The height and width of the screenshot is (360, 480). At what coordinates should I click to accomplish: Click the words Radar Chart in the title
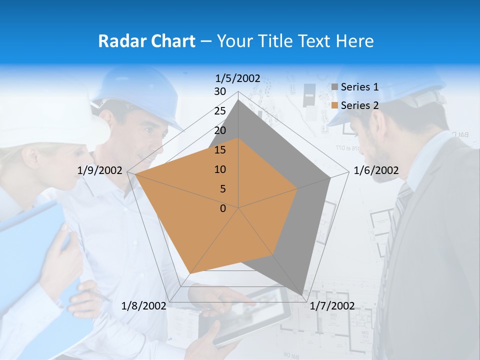click(146, 41)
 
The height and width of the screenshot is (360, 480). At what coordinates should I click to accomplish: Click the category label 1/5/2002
click(238, 78)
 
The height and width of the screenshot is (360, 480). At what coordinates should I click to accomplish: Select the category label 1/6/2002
click(376, 170)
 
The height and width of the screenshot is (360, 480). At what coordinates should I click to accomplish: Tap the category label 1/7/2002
click(332, 305)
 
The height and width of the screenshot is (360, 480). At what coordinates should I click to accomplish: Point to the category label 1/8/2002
click(144, 305)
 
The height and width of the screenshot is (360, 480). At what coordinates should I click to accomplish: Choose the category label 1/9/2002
click(100, 170)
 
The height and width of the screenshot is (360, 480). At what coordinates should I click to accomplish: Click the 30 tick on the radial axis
click(220, 91)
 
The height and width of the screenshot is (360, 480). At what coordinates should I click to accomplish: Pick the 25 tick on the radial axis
click(220, 111)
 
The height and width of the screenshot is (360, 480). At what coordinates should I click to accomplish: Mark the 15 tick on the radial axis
click(220, 150)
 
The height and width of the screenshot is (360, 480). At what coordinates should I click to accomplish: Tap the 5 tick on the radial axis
click(222, 189)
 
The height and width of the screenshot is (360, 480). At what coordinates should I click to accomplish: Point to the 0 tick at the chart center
click(223, 208)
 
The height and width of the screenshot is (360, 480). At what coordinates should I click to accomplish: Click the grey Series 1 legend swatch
click(335, 87)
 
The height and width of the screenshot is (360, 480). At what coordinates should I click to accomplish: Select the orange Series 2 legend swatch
click(335, 105)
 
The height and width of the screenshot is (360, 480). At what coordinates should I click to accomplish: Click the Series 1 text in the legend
click(359, 87)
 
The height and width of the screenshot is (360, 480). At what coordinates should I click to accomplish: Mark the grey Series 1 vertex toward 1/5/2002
click(238, 100)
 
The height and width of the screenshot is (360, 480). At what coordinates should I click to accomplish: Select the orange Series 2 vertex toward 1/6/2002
click(297, 188)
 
